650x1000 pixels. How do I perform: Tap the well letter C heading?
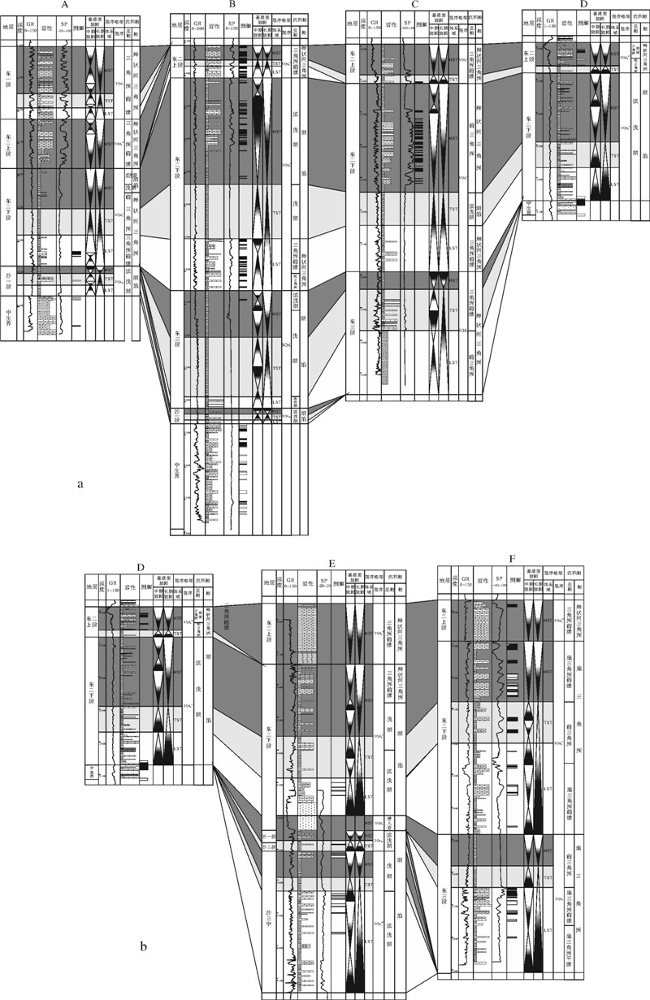point(414,5)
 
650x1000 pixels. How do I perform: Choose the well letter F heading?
point(511,559)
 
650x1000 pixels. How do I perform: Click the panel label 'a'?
point(80,484)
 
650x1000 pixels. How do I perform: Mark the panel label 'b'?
point(143,946)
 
